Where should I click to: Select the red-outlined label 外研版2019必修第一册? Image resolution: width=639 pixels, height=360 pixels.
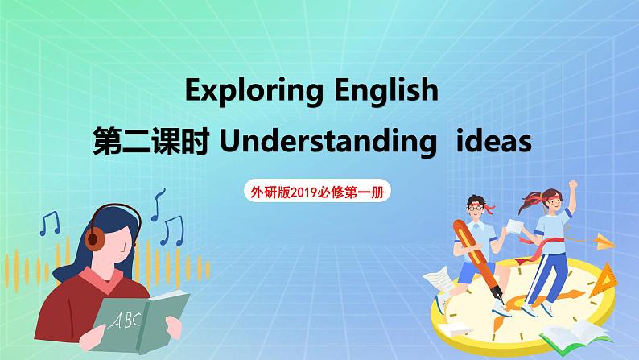(x=319, y=192)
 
